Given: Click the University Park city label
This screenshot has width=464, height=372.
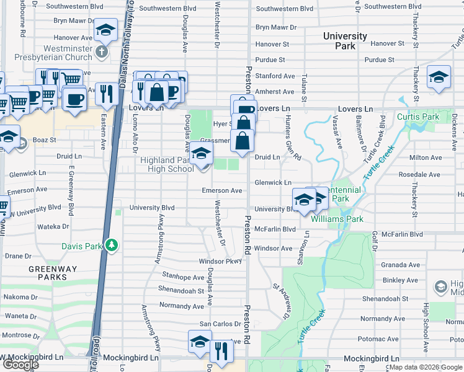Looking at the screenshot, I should (x=345, y=41).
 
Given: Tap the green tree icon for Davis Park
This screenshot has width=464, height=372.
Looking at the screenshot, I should (x=112, y=246).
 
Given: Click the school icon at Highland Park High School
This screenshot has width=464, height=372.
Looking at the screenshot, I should (x=201, y=153).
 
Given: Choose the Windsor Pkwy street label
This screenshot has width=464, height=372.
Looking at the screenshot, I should (x=220, y=262).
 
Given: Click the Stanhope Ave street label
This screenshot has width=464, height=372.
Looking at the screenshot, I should (x=183, y=277).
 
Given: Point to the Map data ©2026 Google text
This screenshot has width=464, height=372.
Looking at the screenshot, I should (x=426, y=368).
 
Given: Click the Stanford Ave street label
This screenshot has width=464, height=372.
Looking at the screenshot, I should (x=275, y=76).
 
